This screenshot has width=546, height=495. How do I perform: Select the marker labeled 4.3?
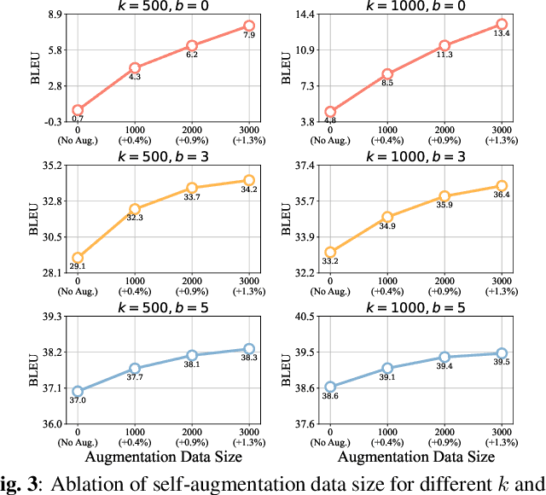[x=135, y=67]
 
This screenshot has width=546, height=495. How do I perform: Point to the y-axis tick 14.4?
[x=305, y=15]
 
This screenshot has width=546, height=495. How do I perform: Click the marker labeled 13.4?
[x=502, y=25]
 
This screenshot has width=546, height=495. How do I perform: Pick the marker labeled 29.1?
[x=78, y=257]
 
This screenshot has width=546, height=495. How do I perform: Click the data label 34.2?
[x=249, y=189]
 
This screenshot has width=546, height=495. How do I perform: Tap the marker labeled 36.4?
[x=502, y=185]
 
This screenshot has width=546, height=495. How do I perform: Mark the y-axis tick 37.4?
[x=305, y=166]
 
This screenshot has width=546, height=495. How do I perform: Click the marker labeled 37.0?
[x=78, y=391]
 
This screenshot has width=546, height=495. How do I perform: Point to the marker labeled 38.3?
[x=249, y=348]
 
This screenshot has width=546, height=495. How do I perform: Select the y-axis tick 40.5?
[x=305, y=317]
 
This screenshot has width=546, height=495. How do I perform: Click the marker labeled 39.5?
[x=502, y=352]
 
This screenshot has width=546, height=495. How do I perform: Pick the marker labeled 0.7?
[x=78, y=110]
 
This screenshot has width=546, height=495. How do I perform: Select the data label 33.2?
[x=330, y=261]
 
